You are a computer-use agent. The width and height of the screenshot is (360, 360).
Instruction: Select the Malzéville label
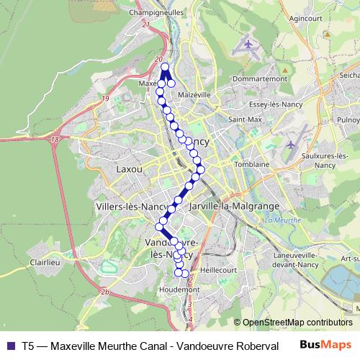pos(194,94)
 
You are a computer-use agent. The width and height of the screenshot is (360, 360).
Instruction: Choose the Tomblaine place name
pos(251,164)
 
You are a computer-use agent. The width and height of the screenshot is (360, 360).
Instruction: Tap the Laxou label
pos(130,169)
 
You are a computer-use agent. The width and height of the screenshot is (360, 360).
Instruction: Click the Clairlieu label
pos(44,264)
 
